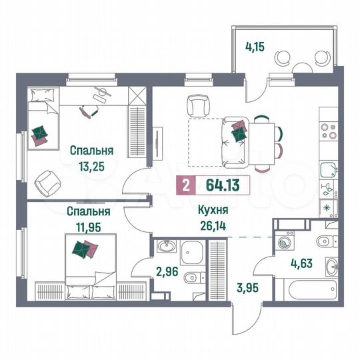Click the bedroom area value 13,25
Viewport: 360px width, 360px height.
(91, 163)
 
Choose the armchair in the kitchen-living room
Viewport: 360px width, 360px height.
(199, 105)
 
